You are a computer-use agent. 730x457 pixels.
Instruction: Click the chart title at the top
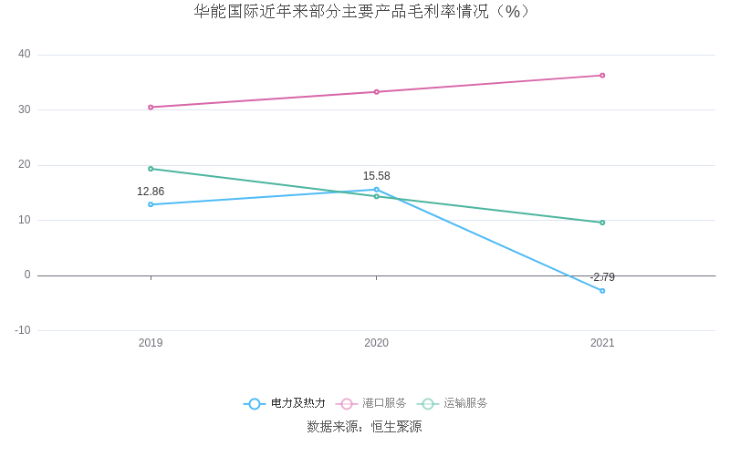tap(363, 12)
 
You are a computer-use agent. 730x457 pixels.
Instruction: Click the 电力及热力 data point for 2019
tap(151, 204)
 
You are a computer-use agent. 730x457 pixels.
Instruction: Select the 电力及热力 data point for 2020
tap(376, 190)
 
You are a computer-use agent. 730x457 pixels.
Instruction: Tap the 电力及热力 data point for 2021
tap(602, 291)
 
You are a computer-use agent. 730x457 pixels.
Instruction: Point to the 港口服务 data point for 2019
tap(151, 107)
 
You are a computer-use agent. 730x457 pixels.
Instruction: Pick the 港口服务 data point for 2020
tap(376, 92)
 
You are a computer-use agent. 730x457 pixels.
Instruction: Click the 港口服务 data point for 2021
tap(602, 76)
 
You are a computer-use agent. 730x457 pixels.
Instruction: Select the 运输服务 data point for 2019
tap(151, 169)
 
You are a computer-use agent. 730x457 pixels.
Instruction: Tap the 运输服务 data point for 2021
tap(602, 223)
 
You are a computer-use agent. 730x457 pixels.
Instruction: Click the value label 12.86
tap(151, 192)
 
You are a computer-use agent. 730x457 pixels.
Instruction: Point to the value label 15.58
tap(376, 176)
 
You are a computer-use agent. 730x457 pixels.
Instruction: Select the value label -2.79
tap(602, 277)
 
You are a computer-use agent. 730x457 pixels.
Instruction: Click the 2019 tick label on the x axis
tap(151, 343)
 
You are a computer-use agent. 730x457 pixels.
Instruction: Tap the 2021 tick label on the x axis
tap(602, 343)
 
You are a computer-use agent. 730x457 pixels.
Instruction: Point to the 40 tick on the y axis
tap(24, 55)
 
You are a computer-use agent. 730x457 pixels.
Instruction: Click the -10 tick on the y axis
tap(23, 330)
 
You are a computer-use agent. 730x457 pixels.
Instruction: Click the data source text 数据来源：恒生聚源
tap(364, 427)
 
